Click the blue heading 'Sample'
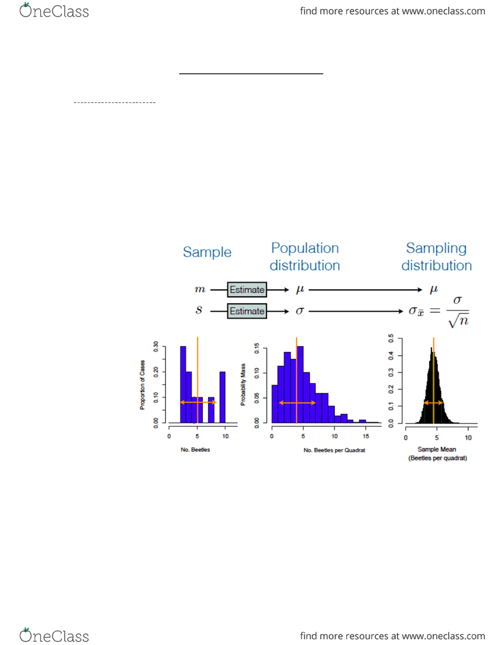(207, 251)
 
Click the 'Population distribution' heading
(305, 257)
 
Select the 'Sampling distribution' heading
(437, 257)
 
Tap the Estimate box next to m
(247, 290)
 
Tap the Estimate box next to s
(247, 311)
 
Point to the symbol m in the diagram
(200, 290)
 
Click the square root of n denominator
(458, 321)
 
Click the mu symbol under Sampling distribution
(433, 290)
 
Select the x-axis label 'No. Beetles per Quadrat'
(334, 450)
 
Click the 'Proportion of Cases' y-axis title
(142, 385)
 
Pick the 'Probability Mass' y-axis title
(243, 384)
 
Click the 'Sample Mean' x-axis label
(437, 449)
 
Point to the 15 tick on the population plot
(366, 436)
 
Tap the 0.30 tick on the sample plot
(156, 347)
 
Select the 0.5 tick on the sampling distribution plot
(391, 338)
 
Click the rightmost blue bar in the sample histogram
(222, 397)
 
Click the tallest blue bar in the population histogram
(300, 385)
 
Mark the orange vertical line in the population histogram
(296, 380)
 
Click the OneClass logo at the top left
(54, 11)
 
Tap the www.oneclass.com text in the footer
(444, 636)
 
